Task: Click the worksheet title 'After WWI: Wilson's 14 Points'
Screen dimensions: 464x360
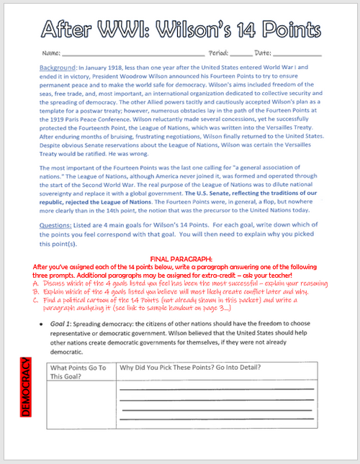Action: tap(180, 29)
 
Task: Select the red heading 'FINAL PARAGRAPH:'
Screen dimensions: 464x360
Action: tap(180, 258)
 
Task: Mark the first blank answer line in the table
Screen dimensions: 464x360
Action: tap(216, 389)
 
